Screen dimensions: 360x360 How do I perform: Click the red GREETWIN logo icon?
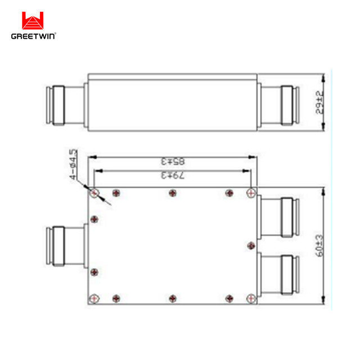pyautogui.click(x=33, y=21)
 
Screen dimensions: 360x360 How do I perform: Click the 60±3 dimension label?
pyautogui.click(x=319, y=246)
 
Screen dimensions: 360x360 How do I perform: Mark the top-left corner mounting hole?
pyautogui.click(x=94, y=193)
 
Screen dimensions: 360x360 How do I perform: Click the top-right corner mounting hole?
pyautogui.click(x=250, y=193)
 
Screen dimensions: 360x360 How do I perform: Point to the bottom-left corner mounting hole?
pyautogui.click(x=94, y=298)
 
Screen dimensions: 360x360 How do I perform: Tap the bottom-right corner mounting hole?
pyautogui.click(x=250, y=298)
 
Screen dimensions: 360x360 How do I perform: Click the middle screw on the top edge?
pyautogui.click(x=172, y=193)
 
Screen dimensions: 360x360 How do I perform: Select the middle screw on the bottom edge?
pyautogui.click(x=172, y=298)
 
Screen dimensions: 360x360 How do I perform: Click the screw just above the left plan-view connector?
pyautogui.click(x=94, y=218)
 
